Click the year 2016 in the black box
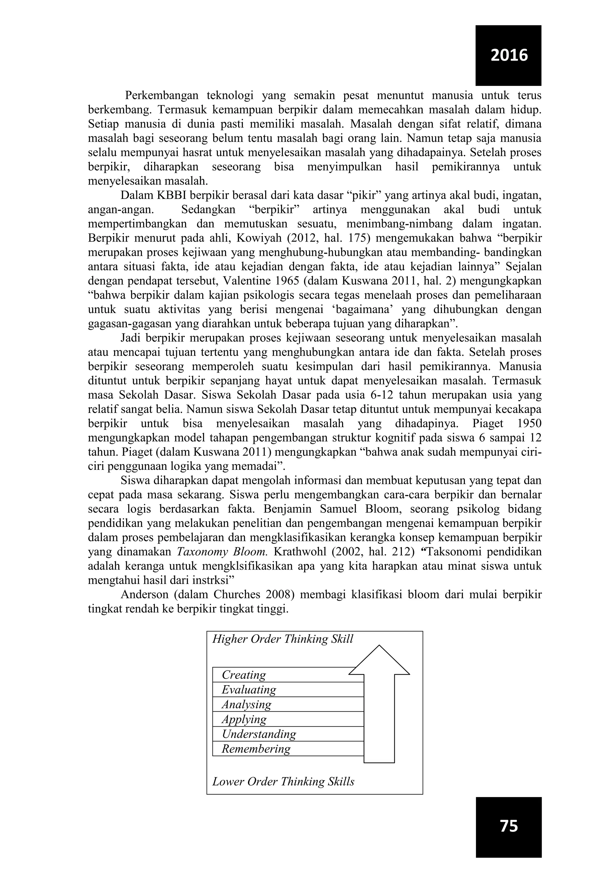coord(509,55)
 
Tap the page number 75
coord(509,826)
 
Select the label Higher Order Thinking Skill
coord(283,639)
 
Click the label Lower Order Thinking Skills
coord(283,781)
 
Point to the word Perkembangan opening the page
coord(162,96)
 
